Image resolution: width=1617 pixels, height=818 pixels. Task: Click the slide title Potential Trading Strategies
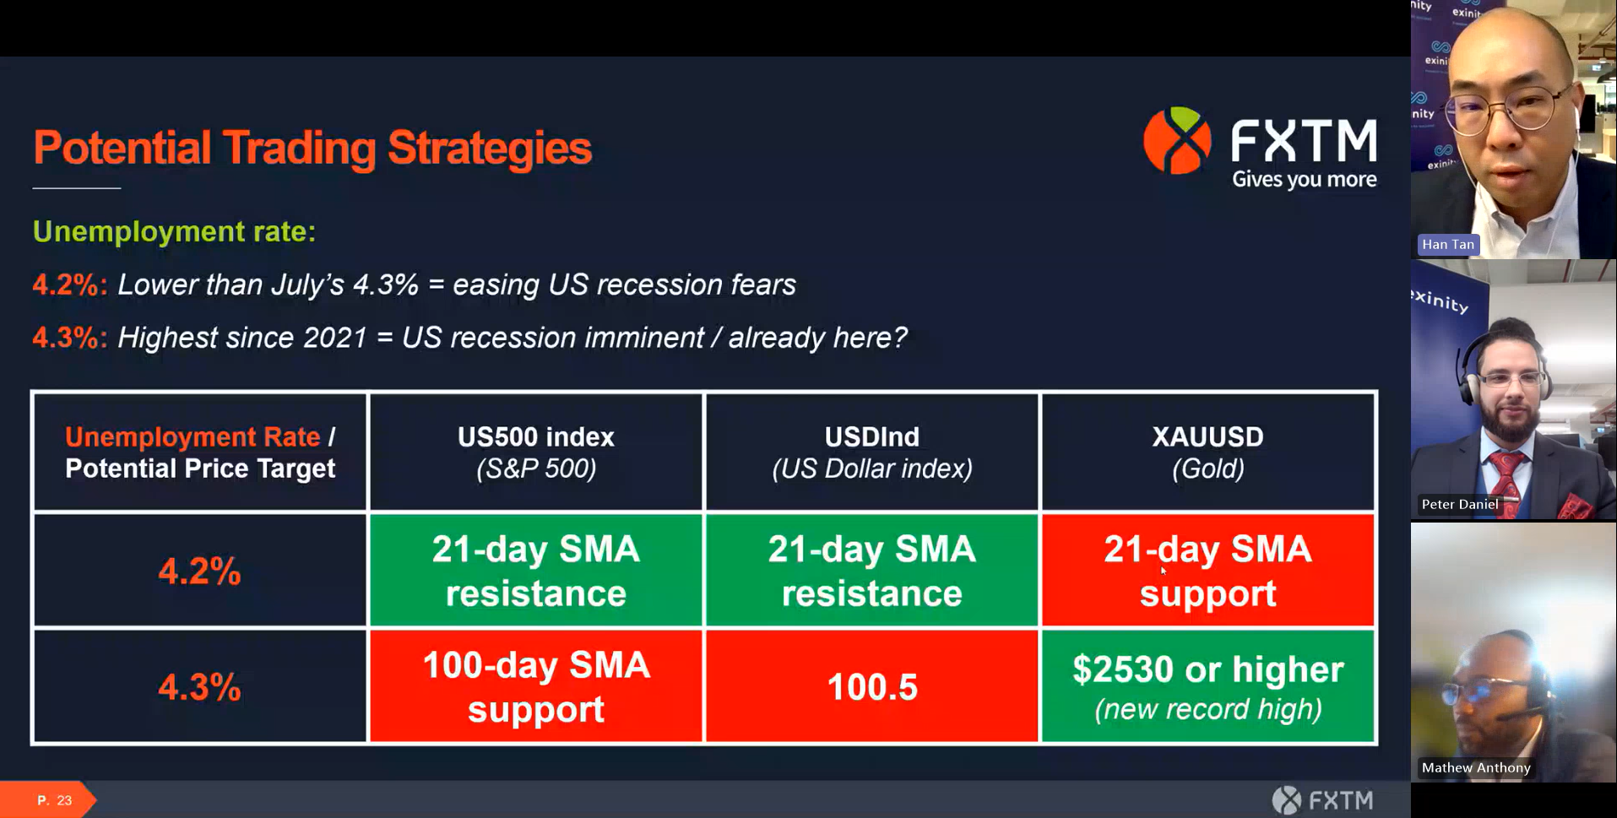[x=312, y=149]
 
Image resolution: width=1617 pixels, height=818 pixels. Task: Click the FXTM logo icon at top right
[x=1177, y=141]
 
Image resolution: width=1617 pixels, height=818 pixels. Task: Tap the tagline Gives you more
[x=1304, y=180]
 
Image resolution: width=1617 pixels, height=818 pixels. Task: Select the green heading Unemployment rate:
[x=174, y=231]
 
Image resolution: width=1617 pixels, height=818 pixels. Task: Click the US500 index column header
[x=535, y=452]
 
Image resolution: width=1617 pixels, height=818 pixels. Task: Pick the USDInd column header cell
[x=871, y=452]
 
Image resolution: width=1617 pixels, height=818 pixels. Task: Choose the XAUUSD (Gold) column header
[x=1207, y=452]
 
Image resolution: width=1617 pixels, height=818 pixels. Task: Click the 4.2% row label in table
[x=199, y=572]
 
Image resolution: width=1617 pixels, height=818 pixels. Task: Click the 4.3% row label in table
[x=199, y=687]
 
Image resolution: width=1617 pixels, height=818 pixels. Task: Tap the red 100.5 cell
[x=871, y=687]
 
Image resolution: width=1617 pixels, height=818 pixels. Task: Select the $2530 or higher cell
[x=1207, y=687]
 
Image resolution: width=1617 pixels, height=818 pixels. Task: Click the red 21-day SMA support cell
[x=1207, y=572]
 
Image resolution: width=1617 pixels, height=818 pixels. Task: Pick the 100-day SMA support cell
[x=535, y=687]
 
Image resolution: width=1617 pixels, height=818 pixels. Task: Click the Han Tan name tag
[x=1447, y=245]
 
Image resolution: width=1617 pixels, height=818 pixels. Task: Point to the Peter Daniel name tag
[x=1459, y=505]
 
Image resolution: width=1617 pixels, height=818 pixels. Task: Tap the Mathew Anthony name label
[x=1475, y=767]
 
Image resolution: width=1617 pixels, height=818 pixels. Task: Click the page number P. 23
[x=54, y=800]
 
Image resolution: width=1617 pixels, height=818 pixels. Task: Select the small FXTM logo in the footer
[x=1322, y=799]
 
